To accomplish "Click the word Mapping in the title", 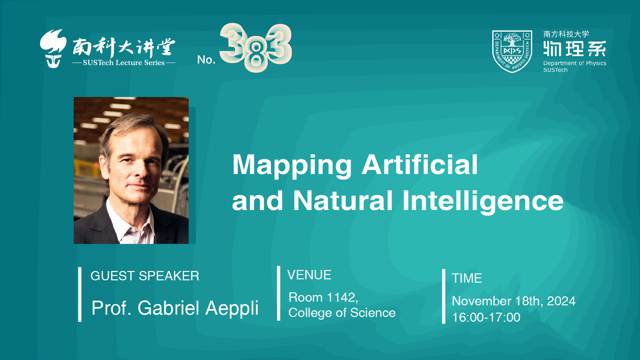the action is click(x=292, y=166).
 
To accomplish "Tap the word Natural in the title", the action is click(x=343, y=201).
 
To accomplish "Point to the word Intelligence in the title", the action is click(x=483, y=202).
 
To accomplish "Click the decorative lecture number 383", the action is click(x=256, y=47).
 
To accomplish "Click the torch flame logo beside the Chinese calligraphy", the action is click(x=53, y=49).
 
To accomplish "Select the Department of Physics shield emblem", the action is click(x=512, y=51).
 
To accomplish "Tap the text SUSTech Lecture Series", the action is click(x=124, y=63).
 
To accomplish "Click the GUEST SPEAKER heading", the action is click(x=145, y=276).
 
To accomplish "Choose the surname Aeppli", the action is click(x=232, y=308).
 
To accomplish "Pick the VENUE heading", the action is click(x=309, y=275).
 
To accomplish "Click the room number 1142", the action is click(x=343, y=297).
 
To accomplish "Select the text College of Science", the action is click(x=342, y=313).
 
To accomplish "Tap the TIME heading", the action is click(x=467, y=278).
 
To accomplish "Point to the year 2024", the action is click(x=561, y=301).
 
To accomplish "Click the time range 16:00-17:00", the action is click(x=486, y=317).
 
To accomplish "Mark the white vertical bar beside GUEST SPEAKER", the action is click(x=80, y=294).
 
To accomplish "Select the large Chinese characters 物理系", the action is click(x=575, y=49).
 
